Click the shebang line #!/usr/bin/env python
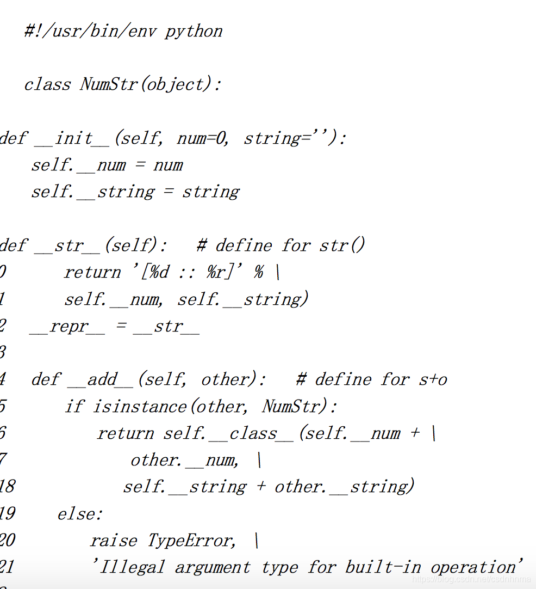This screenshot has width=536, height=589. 123,31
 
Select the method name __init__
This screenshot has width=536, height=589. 72,138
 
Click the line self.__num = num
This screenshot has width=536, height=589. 107,165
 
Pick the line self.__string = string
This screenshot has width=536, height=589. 135,192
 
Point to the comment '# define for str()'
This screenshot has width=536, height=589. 281,246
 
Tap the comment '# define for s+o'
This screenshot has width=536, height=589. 372,379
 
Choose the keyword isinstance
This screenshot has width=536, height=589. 140,407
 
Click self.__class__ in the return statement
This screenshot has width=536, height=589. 228,433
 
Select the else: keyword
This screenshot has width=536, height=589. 80,513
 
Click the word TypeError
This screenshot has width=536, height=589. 192,541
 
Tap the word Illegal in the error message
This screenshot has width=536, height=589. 130,567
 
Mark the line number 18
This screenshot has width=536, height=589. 7,487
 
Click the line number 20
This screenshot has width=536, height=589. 7,541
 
